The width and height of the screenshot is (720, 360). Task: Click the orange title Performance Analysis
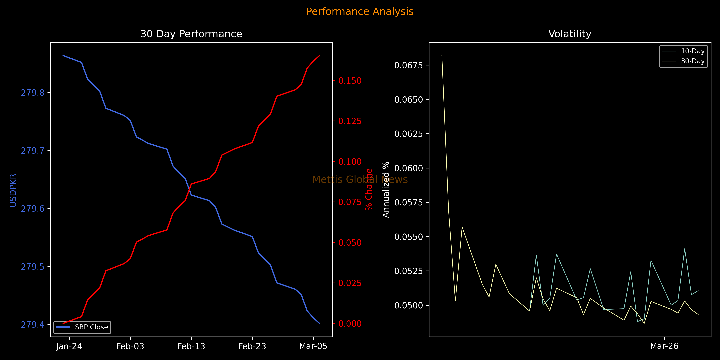tap(360, 11)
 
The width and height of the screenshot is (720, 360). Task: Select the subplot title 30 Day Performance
tap(191, 34)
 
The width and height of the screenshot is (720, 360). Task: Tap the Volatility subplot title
tap(570, 34)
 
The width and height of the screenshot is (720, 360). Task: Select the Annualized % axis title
tap(386, 190)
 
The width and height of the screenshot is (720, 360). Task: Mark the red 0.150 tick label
tap(350, 81)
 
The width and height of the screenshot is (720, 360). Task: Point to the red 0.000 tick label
tap(350, 324)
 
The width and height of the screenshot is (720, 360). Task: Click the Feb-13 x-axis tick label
tap(191, 346)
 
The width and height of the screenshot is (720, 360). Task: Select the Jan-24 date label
tap(69, 346)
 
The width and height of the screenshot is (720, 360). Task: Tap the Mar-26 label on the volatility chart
tap(664, 346)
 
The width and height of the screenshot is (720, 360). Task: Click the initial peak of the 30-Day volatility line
tap(442, 56)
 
